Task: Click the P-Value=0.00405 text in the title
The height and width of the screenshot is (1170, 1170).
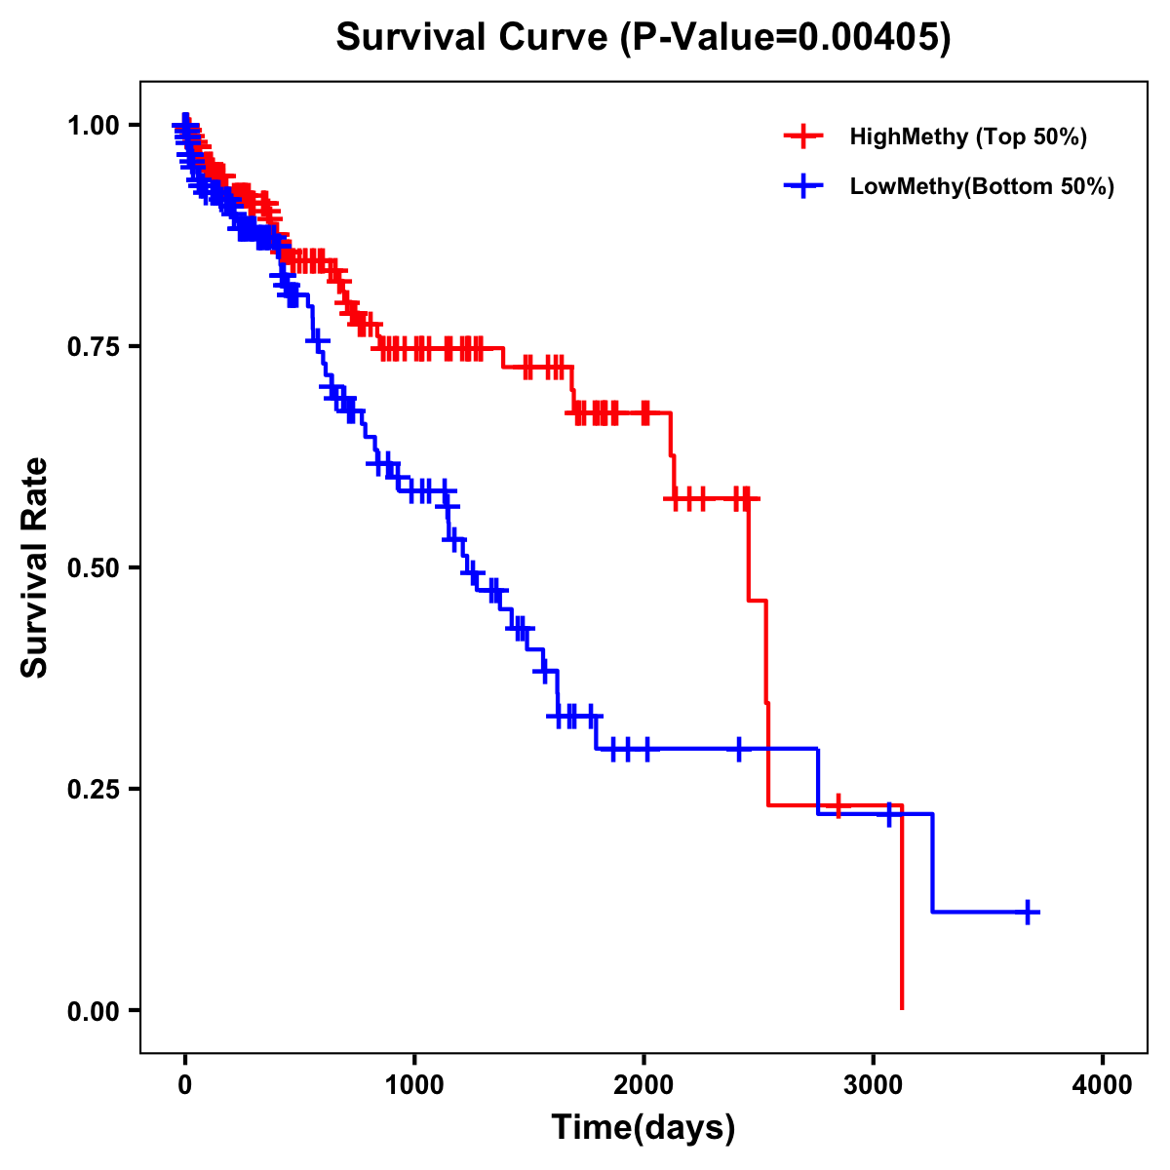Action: coord(791,38)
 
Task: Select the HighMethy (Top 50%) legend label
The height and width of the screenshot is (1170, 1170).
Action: coord(967,136)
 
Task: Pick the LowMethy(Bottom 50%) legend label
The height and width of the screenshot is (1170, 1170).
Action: coord(981,186)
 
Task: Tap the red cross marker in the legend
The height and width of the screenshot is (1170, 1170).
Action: coord(802,136)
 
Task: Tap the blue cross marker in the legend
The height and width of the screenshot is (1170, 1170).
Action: coord(802,186)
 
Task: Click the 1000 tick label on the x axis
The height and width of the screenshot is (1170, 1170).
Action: coord(414,1084)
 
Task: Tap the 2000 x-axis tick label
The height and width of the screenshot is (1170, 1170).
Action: coord(643,1084)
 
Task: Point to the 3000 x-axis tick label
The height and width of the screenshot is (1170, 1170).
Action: coord(874,1084)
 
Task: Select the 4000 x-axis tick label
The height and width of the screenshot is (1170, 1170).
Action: coord(1103,1084)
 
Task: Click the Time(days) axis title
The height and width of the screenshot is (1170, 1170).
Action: coord(643,1128)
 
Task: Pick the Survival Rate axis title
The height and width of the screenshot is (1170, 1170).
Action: coord(35,567)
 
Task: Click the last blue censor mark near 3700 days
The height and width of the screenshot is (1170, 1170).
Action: coord(1028,912)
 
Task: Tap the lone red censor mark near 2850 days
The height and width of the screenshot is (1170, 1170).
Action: coord(838,805)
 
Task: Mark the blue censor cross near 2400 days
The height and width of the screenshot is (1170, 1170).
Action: coord(738,749)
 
